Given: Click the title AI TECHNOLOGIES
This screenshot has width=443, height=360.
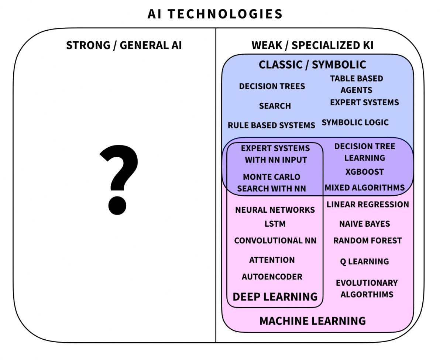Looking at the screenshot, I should (x=215, y=14).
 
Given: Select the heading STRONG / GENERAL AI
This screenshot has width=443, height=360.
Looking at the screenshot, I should (x=124, y=45).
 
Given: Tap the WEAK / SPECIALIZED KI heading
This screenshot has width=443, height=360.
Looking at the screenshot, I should (x=312, y=45).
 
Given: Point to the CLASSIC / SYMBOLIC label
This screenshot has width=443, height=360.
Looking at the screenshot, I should (x=312, y=65).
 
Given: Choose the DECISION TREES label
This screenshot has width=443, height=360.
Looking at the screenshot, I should (x=272, y=86).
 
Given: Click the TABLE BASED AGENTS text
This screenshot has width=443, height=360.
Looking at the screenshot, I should (x=356, y=84).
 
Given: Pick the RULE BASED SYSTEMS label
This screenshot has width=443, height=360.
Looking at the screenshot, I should (x=271, y=125).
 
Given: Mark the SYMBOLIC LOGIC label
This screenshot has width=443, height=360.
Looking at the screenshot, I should (x=355, y=122).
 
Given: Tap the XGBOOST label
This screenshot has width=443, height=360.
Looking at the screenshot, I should (x=365, y=172).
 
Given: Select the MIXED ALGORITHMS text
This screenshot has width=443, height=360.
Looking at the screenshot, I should (x=365, y=188).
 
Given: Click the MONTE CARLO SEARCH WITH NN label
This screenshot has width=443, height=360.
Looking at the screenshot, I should (x=272, y=183).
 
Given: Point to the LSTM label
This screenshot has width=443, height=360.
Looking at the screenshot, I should (x=275, y=224).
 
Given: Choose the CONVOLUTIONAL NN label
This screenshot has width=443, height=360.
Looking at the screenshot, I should (x=275, y=241).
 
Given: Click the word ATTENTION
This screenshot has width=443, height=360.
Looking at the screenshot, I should (x=272, y=260).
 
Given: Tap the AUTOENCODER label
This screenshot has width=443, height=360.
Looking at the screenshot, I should (x=272, y=277).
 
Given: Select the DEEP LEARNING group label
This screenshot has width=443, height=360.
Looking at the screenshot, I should (x=275, y=296).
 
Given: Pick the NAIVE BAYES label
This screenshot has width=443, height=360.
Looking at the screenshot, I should (x=364, y=224).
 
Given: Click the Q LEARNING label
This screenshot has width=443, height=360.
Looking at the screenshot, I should (x=364, y=261).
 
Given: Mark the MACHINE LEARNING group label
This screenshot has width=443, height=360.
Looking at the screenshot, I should (x=312, y=320).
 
